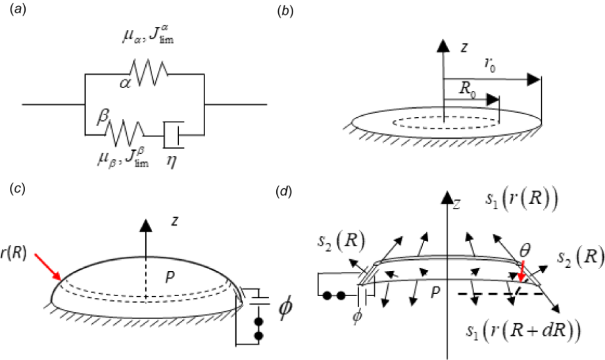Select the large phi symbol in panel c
click(287, 310)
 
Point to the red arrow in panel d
click(521, 271)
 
